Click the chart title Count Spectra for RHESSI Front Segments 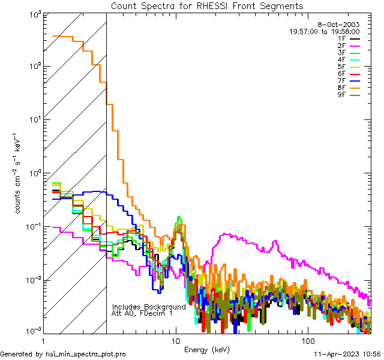(208, 6)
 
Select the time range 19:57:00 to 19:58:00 (325, 31)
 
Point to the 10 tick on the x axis (175, 340)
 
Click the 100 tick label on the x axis (307, 340)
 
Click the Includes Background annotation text (149, 307)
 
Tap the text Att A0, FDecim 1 (142, 313)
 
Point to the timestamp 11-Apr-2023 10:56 (347, 354)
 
